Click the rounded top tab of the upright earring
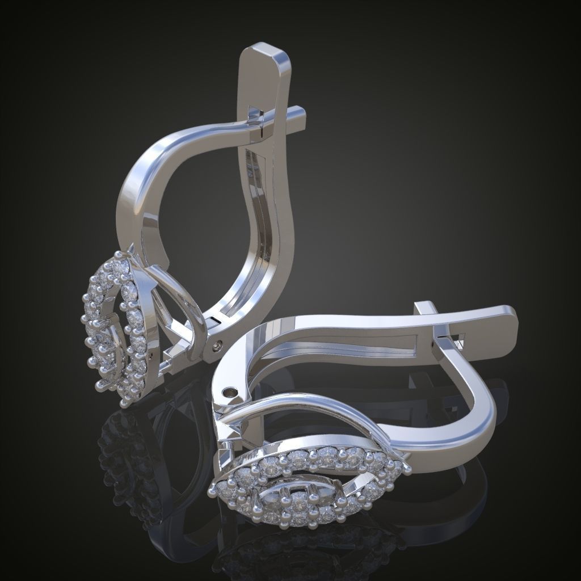tap(263, 57)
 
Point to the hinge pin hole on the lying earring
tap(230, 391)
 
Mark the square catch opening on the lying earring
tap(458, 340)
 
